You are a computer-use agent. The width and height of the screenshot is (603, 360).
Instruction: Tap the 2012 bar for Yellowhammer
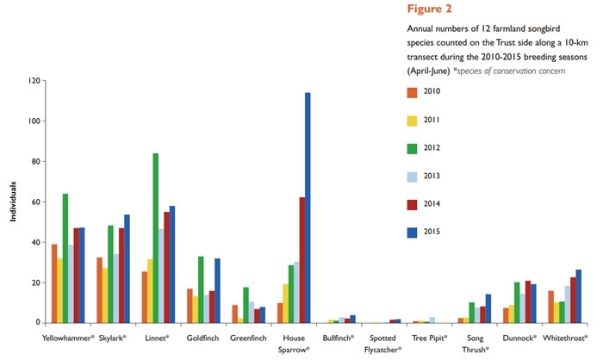[x=65, y=258]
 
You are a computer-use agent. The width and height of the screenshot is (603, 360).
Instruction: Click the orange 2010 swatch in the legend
[x=413, y=93]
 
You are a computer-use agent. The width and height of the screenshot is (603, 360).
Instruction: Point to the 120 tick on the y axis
[x=34, y=81]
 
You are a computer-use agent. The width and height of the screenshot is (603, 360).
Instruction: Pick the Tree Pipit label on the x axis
[x=430, y=338]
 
